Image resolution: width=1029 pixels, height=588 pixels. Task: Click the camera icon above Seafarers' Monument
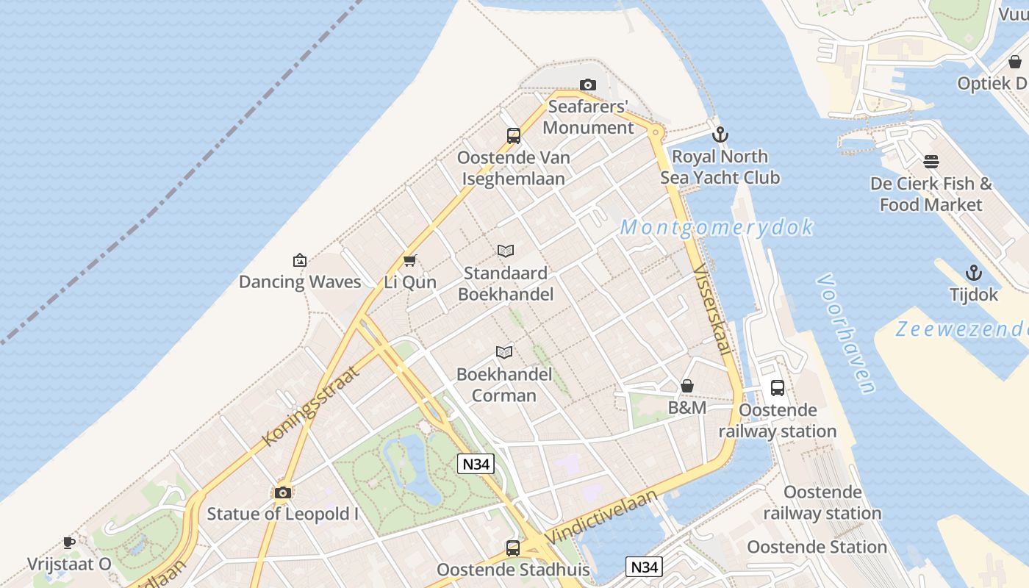588,85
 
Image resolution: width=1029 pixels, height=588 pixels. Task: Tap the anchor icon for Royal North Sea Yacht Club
720,135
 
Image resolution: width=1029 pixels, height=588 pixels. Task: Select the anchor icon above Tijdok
974,273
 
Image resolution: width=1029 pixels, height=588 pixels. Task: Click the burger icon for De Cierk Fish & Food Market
931,162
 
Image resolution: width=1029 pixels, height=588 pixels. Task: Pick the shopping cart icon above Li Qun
410,260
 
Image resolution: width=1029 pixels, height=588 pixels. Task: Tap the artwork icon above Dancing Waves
300,259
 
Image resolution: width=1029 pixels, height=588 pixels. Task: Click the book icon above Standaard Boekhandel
506,251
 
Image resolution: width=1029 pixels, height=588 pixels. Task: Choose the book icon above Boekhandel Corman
503,352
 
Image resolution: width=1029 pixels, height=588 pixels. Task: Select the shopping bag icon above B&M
687,386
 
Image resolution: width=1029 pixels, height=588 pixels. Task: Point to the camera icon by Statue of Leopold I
283,492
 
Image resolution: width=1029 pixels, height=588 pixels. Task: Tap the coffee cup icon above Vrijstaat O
69,542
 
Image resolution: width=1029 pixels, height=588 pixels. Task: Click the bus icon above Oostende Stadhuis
513,548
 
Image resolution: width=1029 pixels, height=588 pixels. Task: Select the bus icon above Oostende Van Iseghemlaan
513,135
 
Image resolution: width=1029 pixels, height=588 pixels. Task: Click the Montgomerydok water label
717,227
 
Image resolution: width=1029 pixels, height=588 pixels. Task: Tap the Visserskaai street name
711,309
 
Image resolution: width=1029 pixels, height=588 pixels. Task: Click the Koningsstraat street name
312,405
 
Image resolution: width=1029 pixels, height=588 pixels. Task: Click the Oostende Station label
817,547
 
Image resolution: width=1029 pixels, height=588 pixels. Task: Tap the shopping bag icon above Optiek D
1015,62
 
